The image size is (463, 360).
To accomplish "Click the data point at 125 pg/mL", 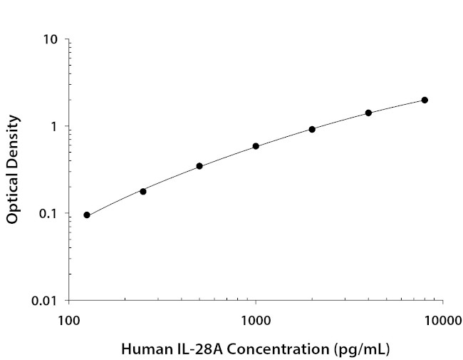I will pos(87,215).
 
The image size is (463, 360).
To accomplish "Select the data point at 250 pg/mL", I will pos(143,191).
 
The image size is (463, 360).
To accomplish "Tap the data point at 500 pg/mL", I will pos(199,166).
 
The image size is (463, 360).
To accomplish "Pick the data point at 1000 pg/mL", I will pos(256,146).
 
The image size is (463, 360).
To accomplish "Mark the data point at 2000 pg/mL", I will pos(312,129).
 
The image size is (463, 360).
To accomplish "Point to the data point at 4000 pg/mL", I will pos(368,113).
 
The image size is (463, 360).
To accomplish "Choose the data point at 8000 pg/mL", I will pos(425,100).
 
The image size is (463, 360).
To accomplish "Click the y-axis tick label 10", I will pos(50,39).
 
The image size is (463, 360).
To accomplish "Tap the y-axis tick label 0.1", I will pos(48,214).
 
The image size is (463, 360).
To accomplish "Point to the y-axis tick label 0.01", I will pos(45,301).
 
